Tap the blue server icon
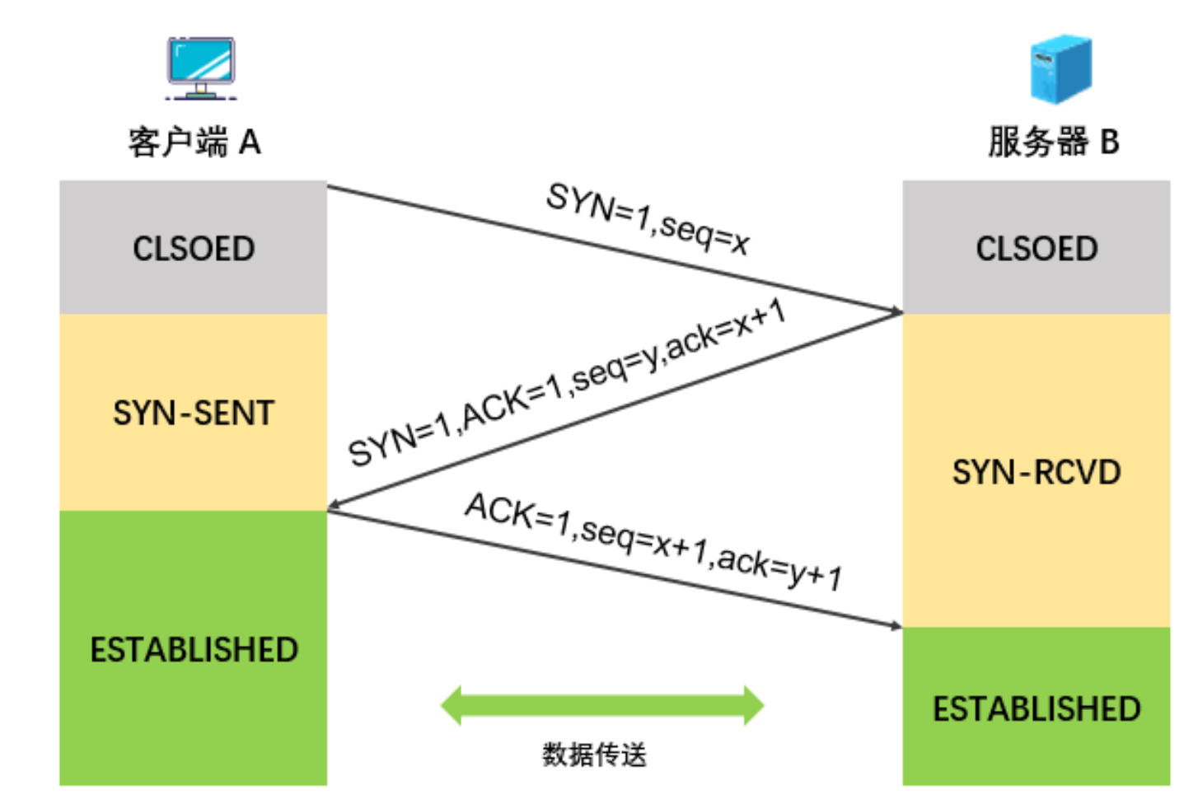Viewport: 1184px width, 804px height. pyautogui.click(x=1060, y=68)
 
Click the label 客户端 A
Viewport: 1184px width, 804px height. pyautogui.click(x=194, y=142)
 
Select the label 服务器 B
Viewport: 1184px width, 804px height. pyautogui.click(x=1054, y=142)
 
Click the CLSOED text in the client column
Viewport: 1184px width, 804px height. pyautogui.click(x=194, y=249)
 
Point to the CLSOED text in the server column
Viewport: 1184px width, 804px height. pyautogui.click(x=1037, y=249)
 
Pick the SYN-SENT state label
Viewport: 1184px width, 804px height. pyautogui.click(x=194, y=413)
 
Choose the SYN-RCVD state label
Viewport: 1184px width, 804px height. pyautogui.click(x=1037, y=473)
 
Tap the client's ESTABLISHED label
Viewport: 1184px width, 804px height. pyautogui.click(x=194, y=650)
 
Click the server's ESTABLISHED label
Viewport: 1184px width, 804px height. pyautogui.click(x=1037, y=709)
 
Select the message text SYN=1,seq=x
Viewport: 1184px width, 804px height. pyautogui.click(x=648, y=219)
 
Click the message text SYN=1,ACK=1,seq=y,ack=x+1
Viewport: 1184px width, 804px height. pyautogui.click(x=567, y=383)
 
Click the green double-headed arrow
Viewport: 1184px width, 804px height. pyautogui.click(x=602, y=705)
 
